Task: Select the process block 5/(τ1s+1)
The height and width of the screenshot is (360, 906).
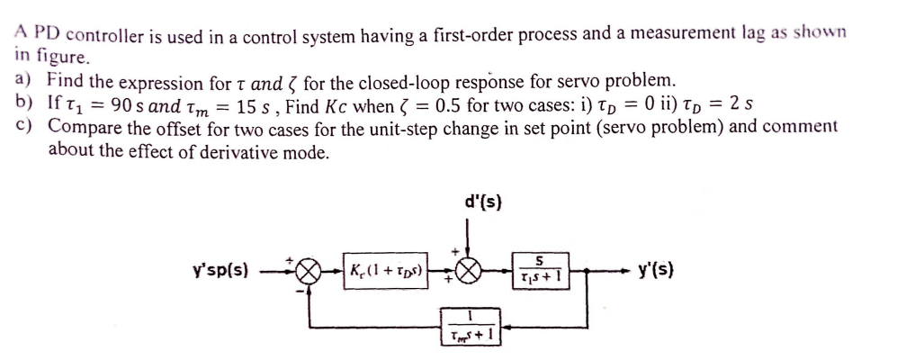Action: point(538,268)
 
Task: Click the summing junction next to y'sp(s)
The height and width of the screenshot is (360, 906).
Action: point(309,270)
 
